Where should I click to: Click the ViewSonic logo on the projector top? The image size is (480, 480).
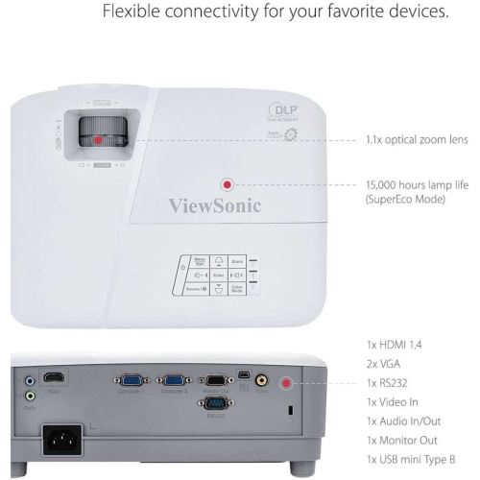[215, 204]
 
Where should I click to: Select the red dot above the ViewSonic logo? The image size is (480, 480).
[228, 184]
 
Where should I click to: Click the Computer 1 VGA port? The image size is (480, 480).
[131, 379]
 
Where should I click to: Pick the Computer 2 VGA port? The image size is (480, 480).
[174, 379]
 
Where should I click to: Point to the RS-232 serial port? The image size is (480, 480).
[215, 404]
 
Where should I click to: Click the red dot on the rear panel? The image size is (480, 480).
[285, 383]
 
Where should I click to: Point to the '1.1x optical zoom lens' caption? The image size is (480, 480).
[417, 139]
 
